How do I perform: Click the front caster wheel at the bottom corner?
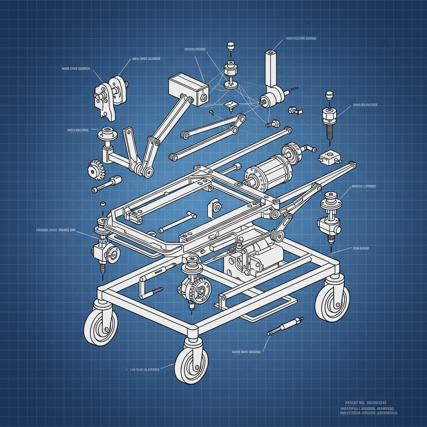click(191, 366)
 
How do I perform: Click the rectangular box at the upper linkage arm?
click(188, 88)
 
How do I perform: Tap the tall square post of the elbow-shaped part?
click(271, 69)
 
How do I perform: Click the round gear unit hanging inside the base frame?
click(194, 288)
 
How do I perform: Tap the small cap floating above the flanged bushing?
click(230, 46)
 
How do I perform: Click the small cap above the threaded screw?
click(329, 95)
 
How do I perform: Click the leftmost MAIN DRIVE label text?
click(75, 68)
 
